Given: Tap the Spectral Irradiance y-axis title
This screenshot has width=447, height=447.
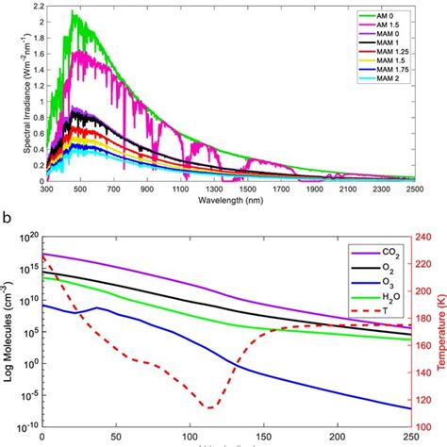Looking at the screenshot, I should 8,94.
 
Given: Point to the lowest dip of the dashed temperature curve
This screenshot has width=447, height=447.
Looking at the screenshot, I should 209,407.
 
